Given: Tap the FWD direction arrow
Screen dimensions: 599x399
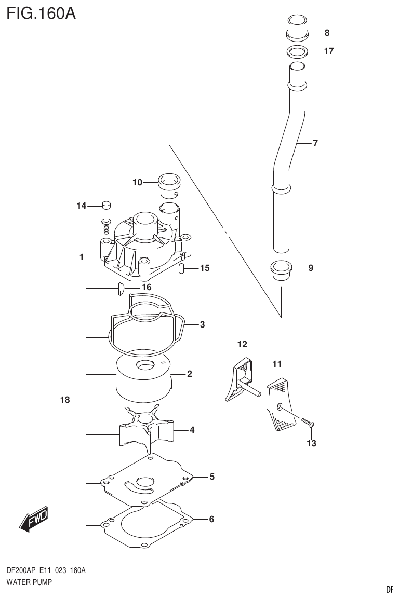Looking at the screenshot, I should tap(34, 519).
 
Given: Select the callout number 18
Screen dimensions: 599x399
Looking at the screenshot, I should tap(64, 400).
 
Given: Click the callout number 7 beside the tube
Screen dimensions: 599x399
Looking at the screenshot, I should tap(315, 143).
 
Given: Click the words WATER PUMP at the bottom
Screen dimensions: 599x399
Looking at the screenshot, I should tap(29, 582).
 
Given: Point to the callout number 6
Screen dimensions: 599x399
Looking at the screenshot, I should tap(211, 519).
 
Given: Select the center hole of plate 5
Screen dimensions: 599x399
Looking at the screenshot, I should tap(143, 481).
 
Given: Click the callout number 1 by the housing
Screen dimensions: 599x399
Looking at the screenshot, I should tap(82, 256).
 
